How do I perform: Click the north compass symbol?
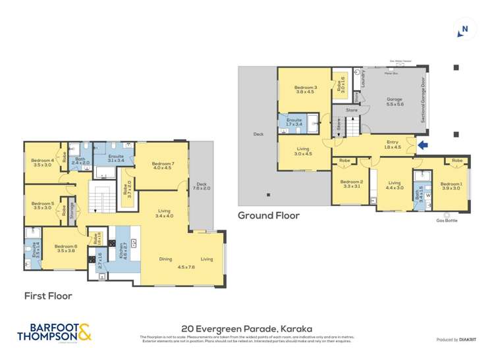[464, 28]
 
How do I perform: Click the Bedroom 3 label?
[306, 90]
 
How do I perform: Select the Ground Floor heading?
[268, 215]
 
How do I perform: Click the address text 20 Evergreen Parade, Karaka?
[246, 327]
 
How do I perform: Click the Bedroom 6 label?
[67, 248]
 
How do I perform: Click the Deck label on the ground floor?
[258, 134]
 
